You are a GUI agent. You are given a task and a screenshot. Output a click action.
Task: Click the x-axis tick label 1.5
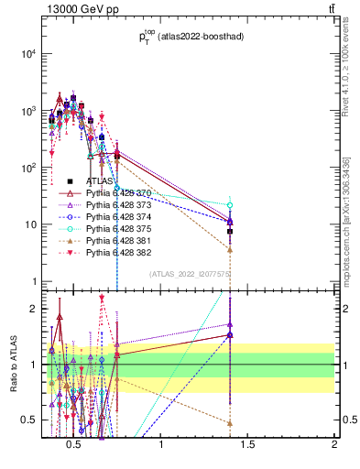point(247,445)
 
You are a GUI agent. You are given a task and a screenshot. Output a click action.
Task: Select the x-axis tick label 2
point(334,445)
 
